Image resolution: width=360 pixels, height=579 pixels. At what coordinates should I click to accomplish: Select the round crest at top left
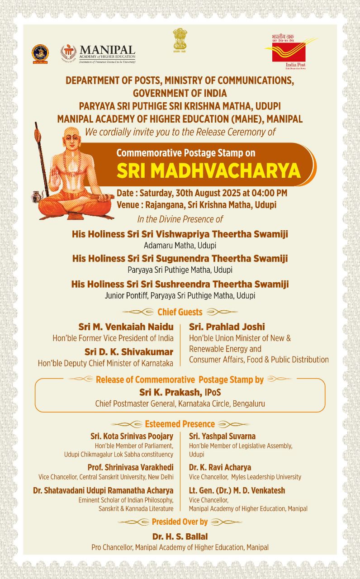click(x=39, y=54)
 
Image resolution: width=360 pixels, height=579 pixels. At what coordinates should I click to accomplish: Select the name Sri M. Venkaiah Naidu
click(x=126, y=327)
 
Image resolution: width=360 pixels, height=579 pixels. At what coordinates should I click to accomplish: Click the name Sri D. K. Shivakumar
click(x=129, y=352)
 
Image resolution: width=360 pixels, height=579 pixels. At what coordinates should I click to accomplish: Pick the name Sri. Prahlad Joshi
click(x=227, y=327)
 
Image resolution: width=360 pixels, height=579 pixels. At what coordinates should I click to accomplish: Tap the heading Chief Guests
click(x=180, y=312)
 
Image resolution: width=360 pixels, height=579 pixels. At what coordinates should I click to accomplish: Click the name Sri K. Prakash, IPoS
click(x=180, y=392)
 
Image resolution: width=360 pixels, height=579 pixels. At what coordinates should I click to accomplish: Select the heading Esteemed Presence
click(x=180, y=424)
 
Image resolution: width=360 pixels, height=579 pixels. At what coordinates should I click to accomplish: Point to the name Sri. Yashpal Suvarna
click(x=222, y=436)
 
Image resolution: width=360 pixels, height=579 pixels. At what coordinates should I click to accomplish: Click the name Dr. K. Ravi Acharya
click(x=220, y=467)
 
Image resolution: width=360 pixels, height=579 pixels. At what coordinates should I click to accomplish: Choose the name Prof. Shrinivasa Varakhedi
click(x=131, y=467)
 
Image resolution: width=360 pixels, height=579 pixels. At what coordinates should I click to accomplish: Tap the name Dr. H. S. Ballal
click(x=180, y=536)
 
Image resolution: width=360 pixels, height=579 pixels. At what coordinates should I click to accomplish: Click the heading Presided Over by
click(x=180, y=522)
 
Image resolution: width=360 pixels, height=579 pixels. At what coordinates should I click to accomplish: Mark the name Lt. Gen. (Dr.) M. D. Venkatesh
click(x=237, y=490)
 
